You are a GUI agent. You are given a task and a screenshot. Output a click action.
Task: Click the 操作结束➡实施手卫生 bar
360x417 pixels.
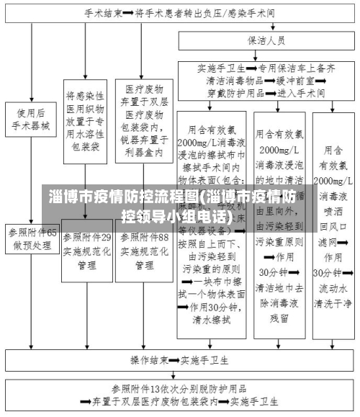tap(180, 359)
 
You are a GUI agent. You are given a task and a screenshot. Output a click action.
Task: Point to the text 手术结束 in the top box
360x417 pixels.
tap(103, 14)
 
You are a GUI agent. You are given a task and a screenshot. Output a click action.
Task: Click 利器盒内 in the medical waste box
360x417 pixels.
tap(142, 153)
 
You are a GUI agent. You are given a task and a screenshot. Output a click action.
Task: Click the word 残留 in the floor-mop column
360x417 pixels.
tap(279, 316)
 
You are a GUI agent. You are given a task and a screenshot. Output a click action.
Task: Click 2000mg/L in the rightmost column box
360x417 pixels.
tap(332, 179)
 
